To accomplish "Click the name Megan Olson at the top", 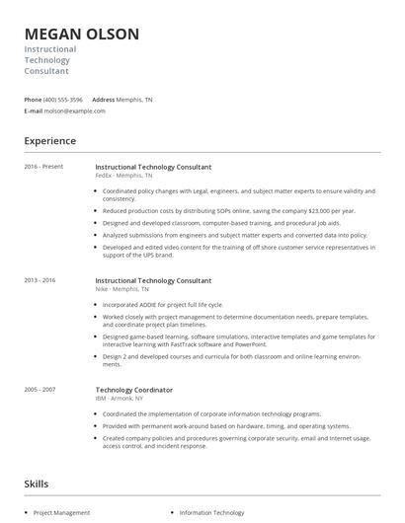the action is pyautogui.click(x=81, y=35).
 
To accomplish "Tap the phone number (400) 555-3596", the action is pyautogui.click(x=63, y=100).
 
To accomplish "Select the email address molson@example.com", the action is pyautogui.click(x=75, y=112).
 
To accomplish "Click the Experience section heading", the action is pyautogui.click(x=49, y=141).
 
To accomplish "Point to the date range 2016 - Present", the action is pyautogui.click(x=43, y=167).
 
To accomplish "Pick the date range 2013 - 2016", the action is pyautogui.click(x=40, y=280).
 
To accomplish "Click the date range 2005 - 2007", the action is pyautogui.click(x=40, y=389).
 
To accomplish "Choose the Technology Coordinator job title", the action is pyautogui.click(x=133, y=389).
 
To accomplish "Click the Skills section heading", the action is pyautogui.click(x=37, y=484).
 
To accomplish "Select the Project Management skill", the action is pyautogui.click(x=61, y=513).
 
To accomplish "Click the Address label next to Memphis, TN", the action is pyautogui.click(x=104, y=100).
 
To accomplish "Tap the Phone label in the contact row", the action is pyautogui.click(x=33, y=100).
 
